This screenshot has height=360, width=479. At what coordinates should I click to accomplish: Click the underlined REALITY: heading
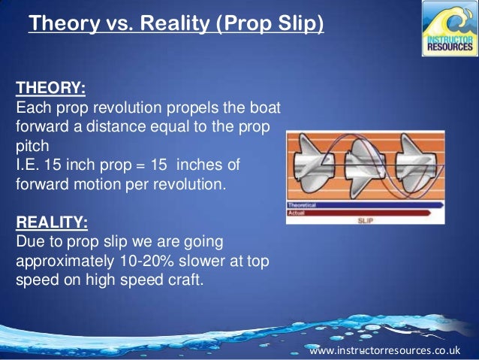tap(51, 223)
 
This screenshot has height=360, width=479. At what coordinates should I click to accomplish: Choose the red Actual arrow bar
tap(360, 213)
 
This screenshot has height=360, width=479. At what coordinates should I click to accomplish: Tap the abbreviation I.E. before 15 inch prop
tap(29, 162)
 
